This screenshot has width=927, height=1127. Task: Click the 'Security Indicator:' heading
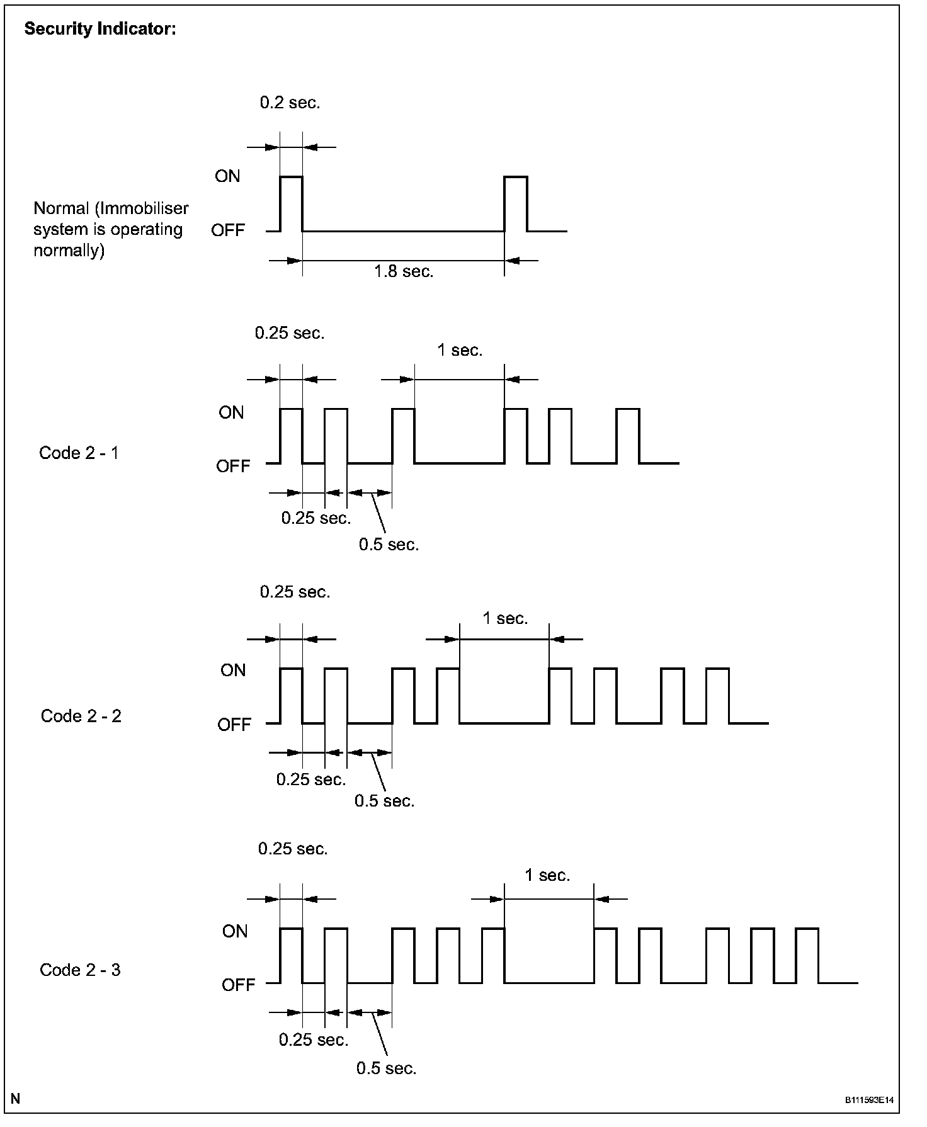(100, 30)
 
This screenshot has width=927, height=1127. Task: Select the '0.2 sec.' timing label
(290, 103)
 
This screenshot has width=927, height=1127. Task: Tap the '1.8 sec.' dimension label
(404, 272)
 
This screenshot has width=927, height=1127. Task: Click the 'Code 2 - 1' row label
(79, 453)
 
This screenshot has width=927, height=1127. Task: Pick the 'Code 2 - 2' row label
(81, 716)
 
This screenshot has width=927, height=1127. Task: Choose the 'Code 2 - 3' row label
(80, 970)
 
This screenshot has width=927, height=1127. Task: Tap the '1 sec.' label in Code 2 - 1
(460, 351)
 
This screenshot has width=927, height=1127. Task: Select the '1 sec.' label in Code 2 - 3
(547, 875)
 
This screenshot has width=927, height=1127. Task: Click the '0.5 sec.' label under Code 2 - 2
(384, 801)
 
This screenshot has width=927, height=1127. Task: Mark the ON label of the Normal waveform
(227, 176)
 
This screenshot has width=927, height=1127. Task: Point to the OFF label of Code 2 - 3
(238, 985)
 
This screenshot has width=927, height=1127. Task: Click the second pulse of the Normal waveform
(516, 203)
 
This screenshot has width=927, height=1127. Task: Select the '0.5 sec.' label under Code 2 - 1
(389, 545)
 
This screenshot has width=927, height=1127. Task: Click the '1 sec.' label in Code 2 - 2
(505, 619)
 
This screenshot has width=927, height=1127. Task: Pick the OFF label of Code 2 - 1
(233, 466)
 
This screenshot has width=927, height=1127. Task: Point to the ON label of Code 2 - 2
(233, 671)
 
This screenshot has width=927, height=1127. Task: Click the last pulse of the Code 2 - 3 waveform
(807, 954)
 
